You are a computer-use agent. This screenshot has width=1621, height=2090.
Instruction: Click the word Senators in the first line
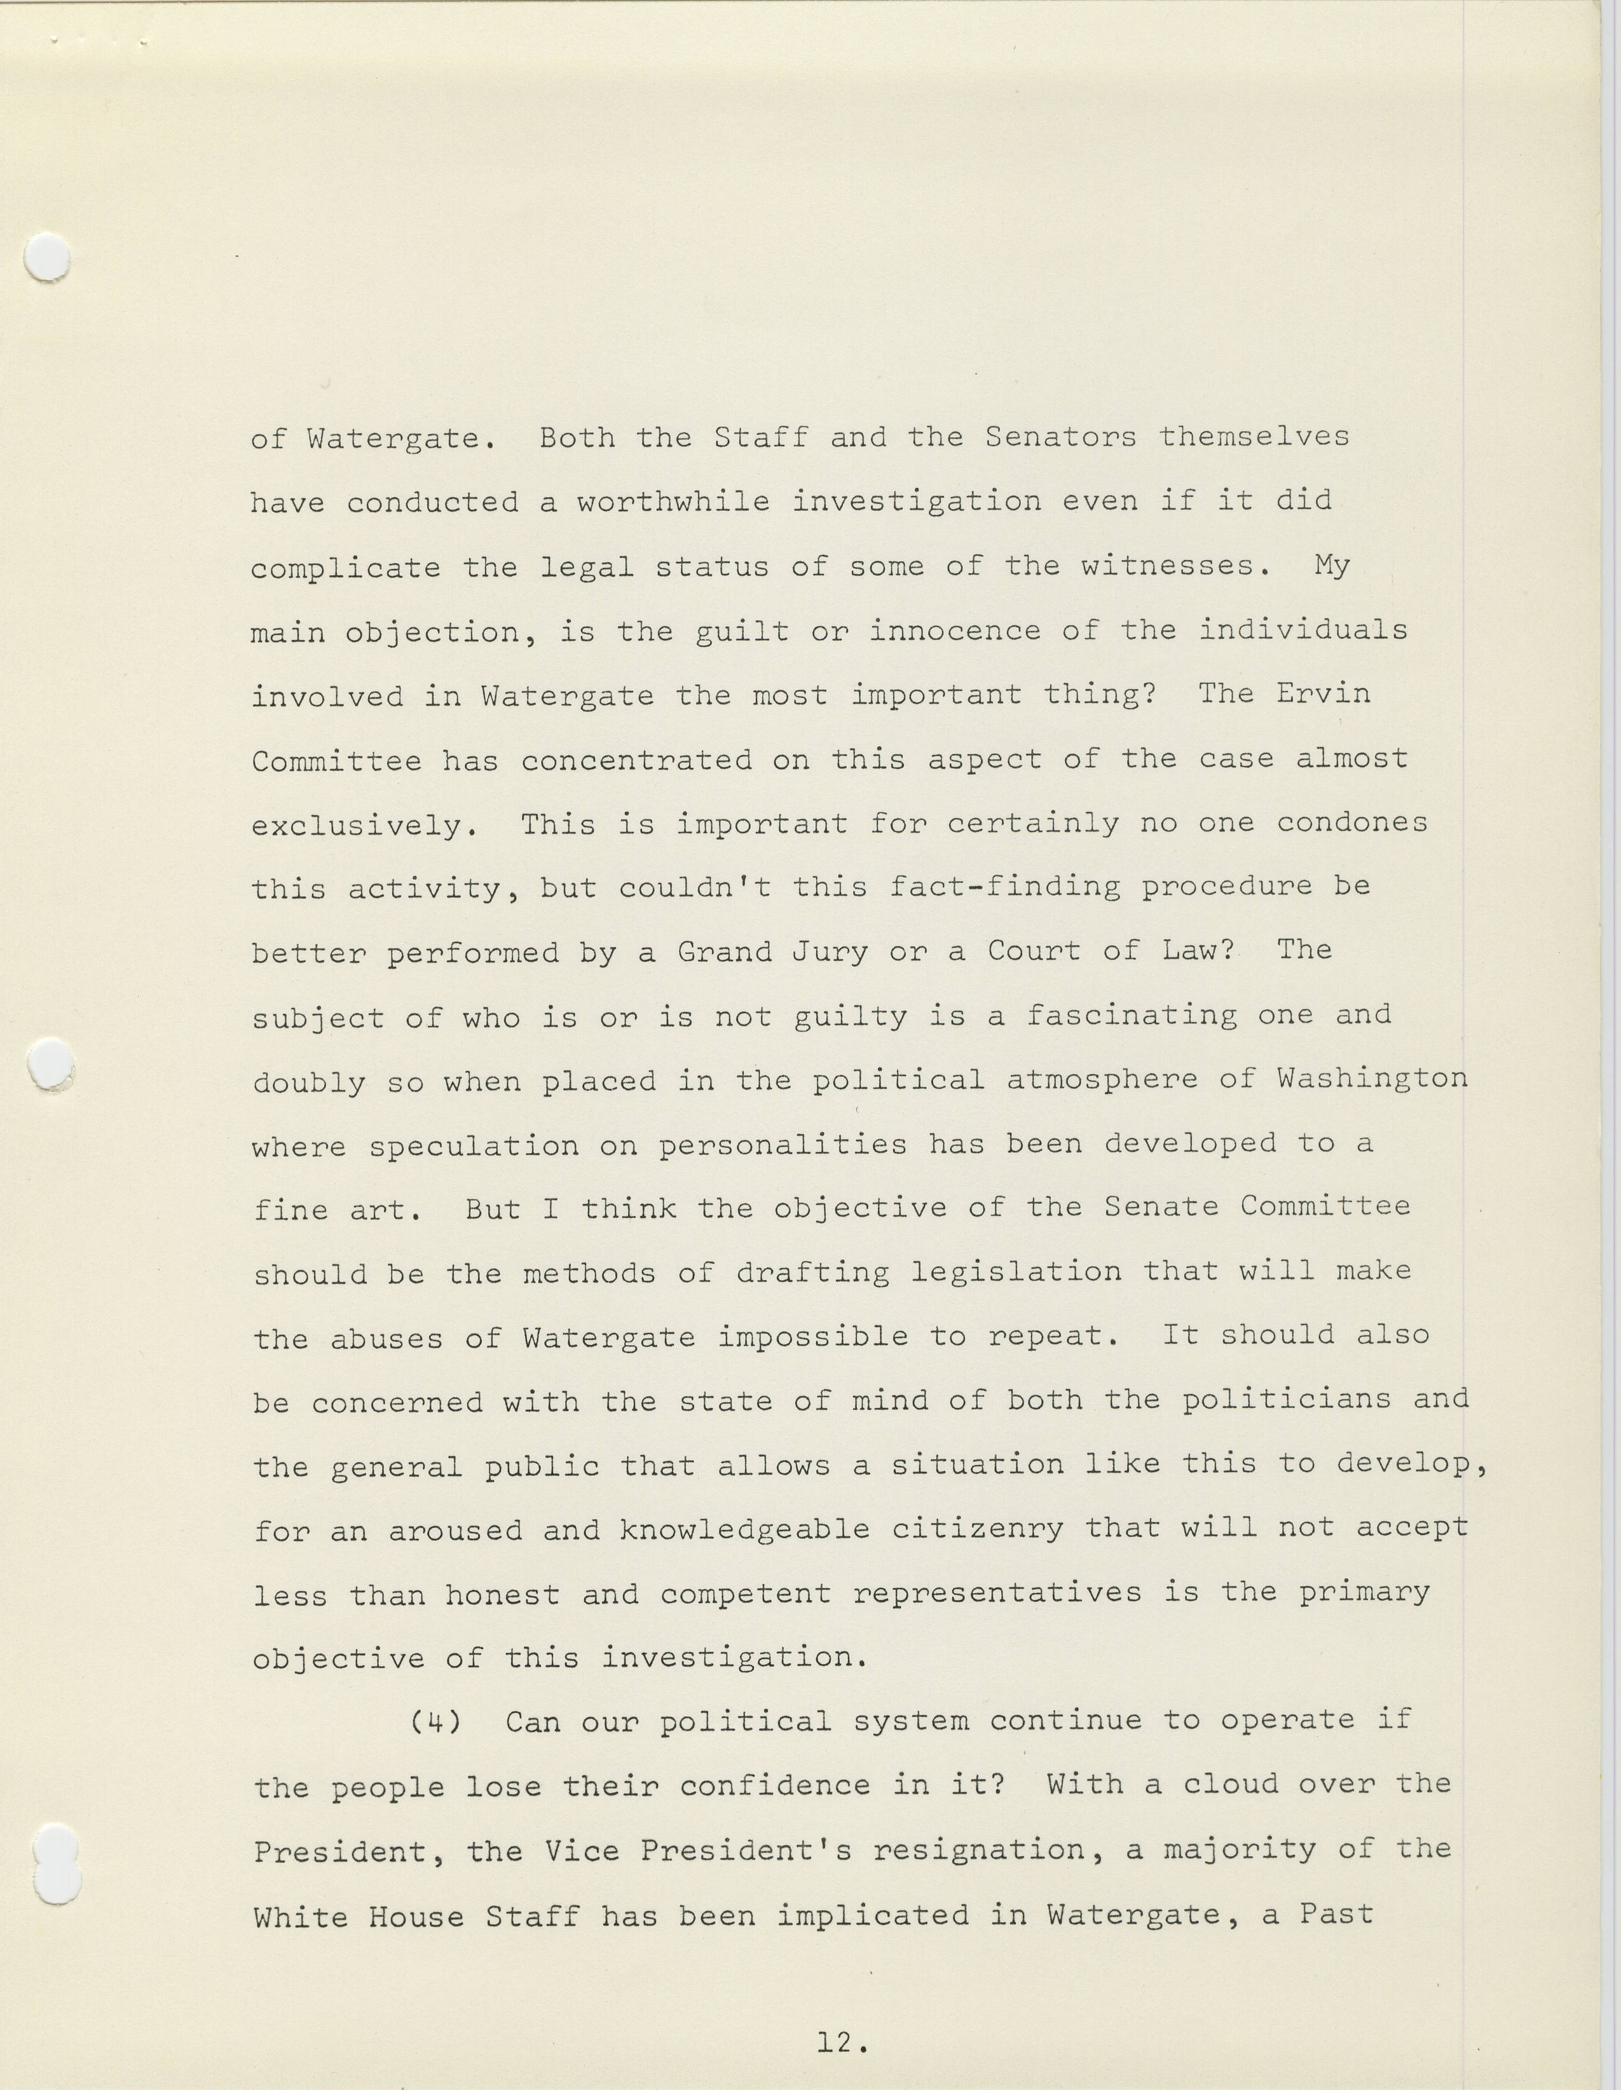(x=1060, y=437)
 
